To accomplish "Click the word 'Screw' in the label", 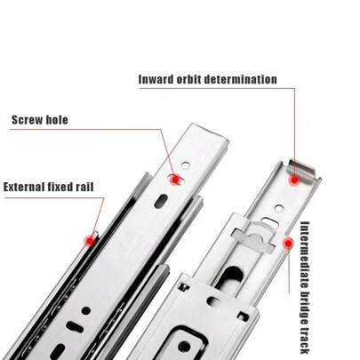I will coord(28,120).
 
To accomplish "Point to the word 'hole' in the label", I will coord(56,120).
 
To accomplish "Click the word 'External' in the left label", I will coord(27,188).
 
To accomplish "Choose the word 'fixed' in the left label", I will coord(67,188).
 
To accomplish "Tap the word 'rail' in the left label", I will coord(94,188).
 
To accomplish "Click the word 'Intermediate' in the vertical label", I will coord(305,257).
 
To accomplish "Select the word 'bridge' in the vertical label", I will coord(305,311).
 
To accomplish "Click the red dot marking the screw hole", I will coord(175,179).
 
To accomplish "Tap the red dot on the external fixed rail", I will coord(90,238).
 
